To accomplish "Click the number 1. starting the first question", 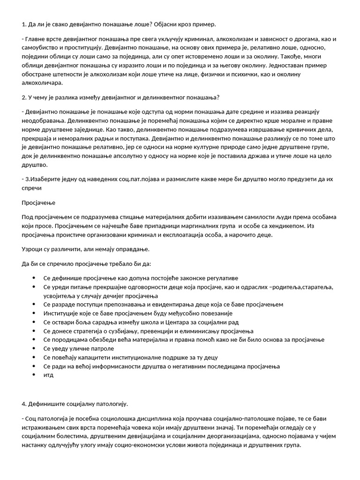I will (24, 24).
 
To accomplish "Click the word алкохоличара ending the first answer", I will (42, 82).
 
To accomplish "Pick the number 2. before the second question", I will (24, 97).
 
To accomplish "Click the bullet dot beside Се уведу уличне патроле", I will (34, 348).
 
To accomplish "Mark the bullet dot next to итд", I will (34, 375).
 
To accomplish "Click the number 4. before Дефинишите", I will (24, 404).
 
